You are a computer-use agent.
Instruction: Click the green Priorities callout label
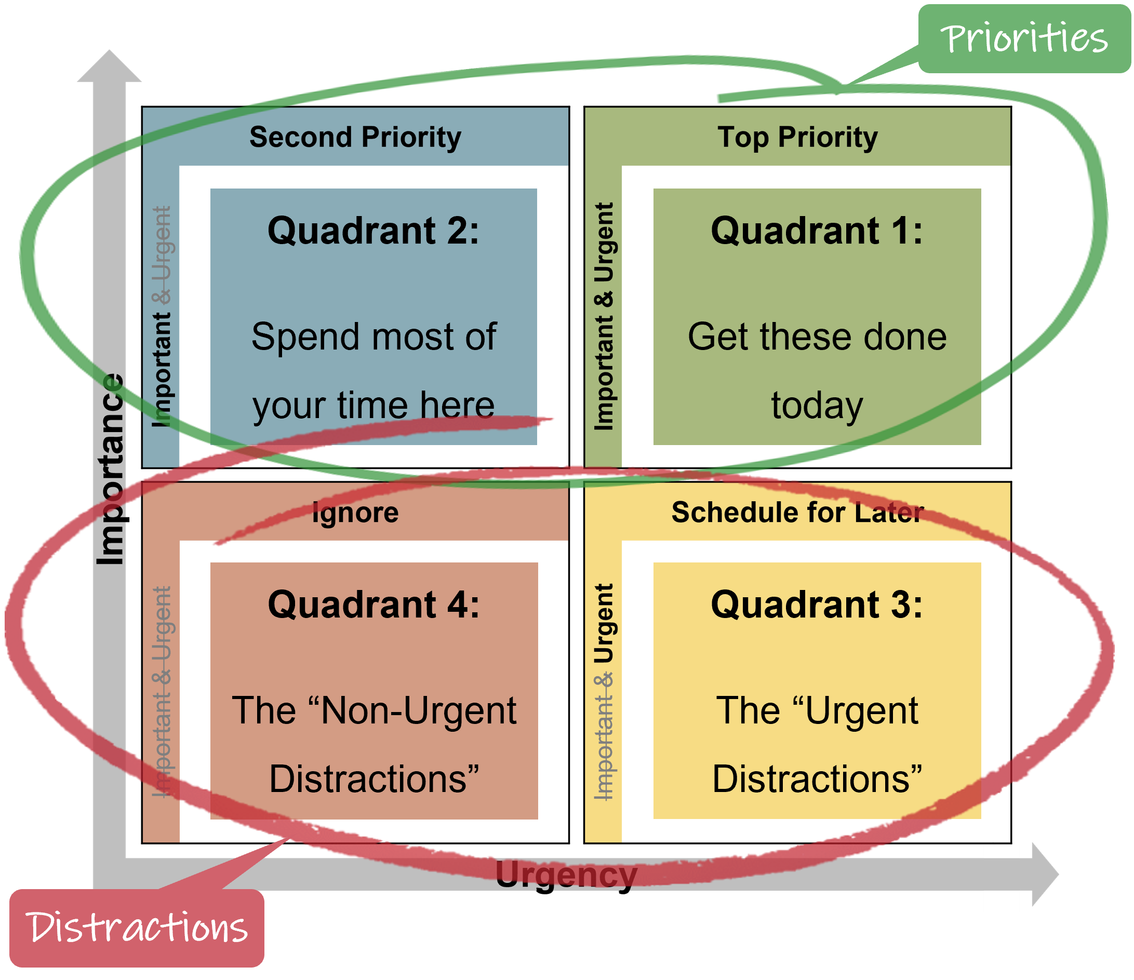1024,39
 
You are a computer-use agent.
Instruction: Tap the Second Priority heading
355,137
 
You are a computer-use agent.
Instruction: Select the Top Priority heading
797,137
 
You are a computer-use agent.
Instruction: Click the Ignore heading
355,513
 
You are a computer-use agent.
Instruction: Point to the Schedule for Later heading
797,513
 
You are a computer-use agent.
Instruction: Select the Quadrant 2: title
373,231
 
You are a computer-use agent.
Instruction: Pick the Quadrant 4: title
373,605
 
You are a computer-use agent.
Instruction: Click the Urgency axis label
566,875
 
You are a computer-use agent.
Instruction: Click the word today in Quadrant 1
817,406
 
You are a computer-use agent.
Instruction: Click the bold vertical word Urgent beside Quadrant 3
604,624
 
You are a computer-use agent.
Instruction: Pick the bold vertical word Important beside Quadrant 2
162,369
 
